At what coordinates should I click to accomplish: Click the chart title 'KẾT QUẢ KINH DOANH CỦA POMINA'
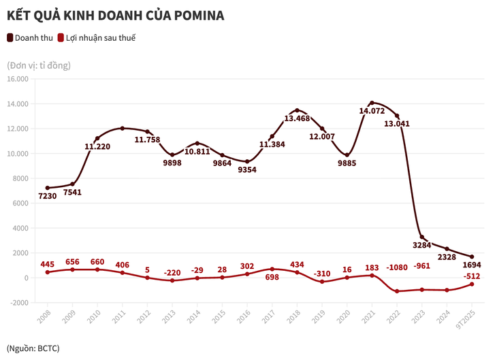coord(115,14)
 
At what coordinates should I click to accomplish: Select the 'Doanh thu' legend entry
coord(33,38)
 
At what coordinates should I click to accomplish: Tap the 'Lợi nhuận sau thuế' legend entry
coord(101,38)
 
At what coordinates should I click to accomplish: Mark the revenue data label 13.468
coord(297,118)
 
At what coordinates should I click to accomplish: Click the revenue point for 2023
coord(421,237)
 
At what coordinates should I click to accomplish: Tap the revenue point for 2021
coord(372,103)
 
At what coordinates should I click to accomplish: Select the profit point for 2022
coord(397,291)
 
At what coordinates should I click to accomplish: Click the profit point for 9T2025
coord(471,284)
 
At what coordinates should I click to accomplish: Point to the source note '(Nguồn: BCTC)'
coord(33,348)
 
